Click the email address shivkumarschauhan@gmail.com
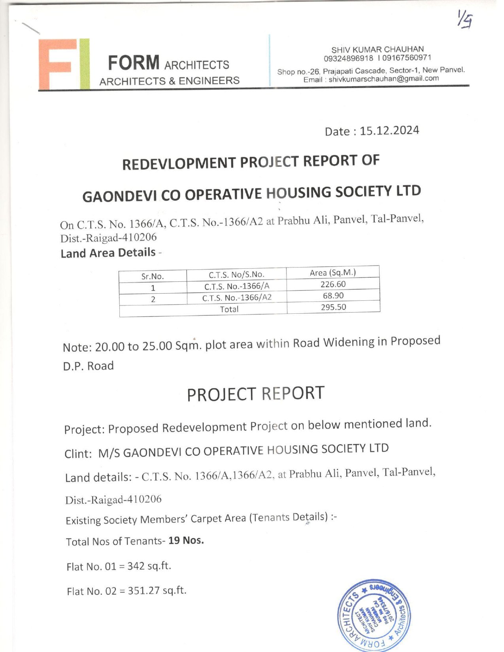pos(383,79)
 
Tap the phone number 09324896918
pos(348,58)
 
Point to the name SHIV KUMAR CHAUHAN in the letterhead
pos(378,49)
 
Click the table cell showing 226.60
pos(333,284)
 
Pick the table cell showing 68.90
pos(333,296)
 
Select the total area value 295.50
pos(333,307)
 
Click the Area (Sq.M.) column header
pos(332,273)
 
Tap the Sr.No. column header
pos(153,276)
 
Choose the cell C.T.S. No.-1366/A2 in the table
pos(237,298)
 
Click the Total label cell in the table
pos(229,309)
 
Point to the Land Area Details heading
pos(108,253)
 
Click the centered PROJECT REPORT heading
pos(255,394)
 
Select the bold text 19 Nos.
pos(186,540)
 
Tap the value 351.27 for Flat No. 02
pos(144,591)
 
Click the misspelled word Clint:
pos(78,454)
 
